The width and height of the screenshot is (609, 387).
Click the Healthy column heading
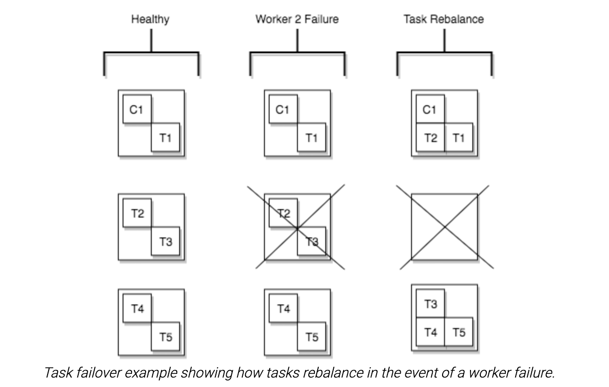point(150,19)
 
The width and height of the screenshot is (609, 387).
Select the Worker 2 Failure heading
point(296,19)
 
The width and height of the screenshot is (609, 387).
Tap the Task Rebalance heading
point(443,19)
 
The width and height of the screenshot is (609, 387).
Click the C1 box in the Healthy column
point(137,109)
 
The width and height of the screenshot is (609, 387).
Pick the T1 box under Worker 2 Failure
point(311,137)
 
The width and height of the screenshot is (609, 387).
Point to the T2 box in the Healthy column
point(137,213)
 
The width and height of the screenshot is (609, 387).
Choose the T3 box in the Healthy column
point(165,242)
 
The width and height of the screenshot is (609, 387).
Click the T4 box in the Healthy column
point(137,309)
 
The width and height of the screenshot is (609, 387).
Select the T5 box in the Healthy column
point(165,337)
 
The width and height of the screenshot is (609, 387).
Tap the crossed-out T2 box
point(283,213)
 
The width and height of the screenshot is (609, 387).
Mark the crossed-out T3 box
point(312,242)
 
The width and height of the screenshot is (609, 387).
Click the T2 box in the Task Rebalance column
point(430,137)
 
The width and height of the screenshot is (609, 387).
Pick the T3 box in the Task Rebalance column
point(430,304)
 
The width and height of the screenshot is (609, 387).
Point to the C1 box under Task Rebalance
point(429,109)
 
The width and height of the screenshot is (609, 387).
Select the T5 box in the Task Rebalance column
point(459,332)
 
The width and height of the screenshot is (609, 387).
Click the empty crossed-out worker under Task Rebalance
point(444,227)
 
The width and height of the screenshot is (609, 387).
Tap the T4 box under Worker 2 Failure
point(283,309)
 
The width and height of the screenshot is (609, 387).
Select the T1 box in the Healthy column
point(165,137)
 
